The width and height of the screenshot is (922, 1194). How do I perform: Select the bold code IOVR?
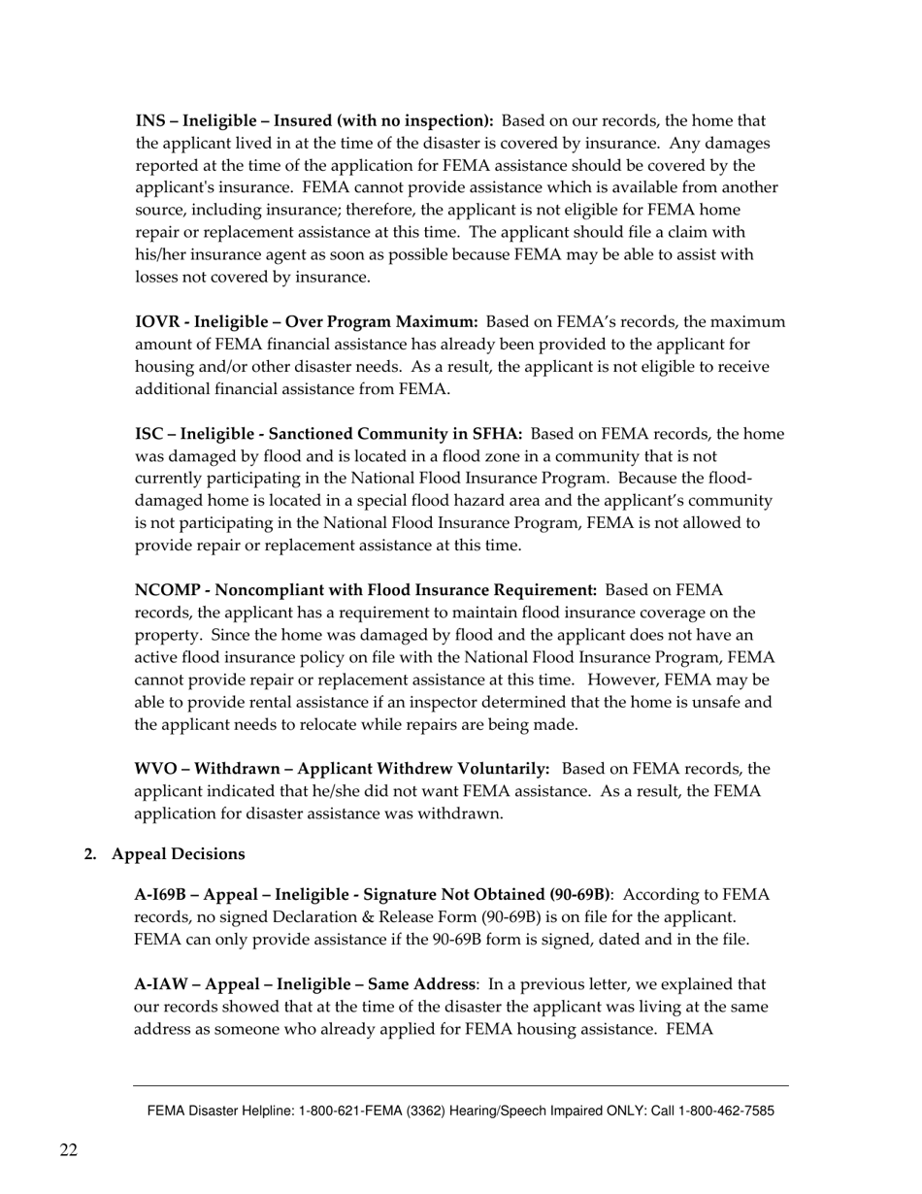[156, 322]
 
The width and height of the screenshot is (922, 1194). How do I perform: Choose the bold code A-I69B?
[163, 894]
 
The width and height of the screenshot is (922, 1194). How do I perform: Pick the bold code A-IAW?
[161, 984]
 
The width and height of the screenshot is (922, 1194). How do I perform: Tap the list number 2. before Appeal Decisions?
[90, 854]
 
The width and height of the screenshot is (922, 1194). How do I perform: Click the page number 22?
[68, 1151]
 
